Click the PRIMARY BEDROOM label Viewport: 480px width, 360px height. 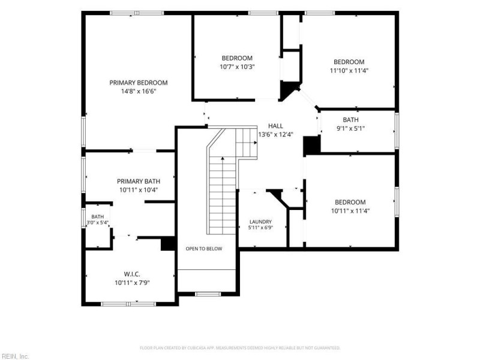139,83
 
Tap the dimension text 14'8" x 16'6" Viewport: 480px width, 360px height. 139,91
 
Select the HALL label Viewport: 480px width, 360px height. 275,126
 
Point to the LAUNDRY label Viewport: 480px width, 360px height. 260,221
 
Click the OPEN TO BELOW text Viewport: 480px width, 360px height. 204,248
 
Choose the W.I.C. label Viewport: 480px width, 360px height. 132,274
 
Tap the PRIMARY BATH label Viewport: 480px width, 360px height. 139,181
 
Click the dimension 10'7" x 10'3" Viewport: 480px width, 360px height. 237,67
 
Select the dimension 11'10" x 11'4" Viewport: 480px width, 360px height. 349,70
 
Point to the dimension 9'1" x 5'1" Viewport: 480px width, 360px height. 351,128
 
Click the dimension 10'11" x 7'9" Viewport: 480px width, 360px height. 132,283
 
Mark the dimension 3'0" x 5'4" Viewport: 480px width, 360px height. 97,223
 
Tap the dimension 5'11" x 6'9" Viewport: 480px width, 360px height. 260,227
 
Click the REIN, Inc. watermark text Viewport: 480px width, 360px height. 14,356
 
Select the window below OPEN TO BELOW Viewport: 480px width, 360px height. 208,294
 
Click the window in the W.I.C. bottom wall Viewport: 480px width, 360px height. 128,304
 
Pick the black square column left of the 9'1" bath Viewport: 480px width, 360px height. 311,146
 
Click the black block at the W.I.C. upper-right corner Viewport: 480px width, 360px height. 168,244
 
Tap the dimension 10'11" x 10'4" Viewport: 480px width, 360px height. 139,190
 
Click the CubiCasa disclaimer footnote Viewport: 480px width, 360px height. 240,348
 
